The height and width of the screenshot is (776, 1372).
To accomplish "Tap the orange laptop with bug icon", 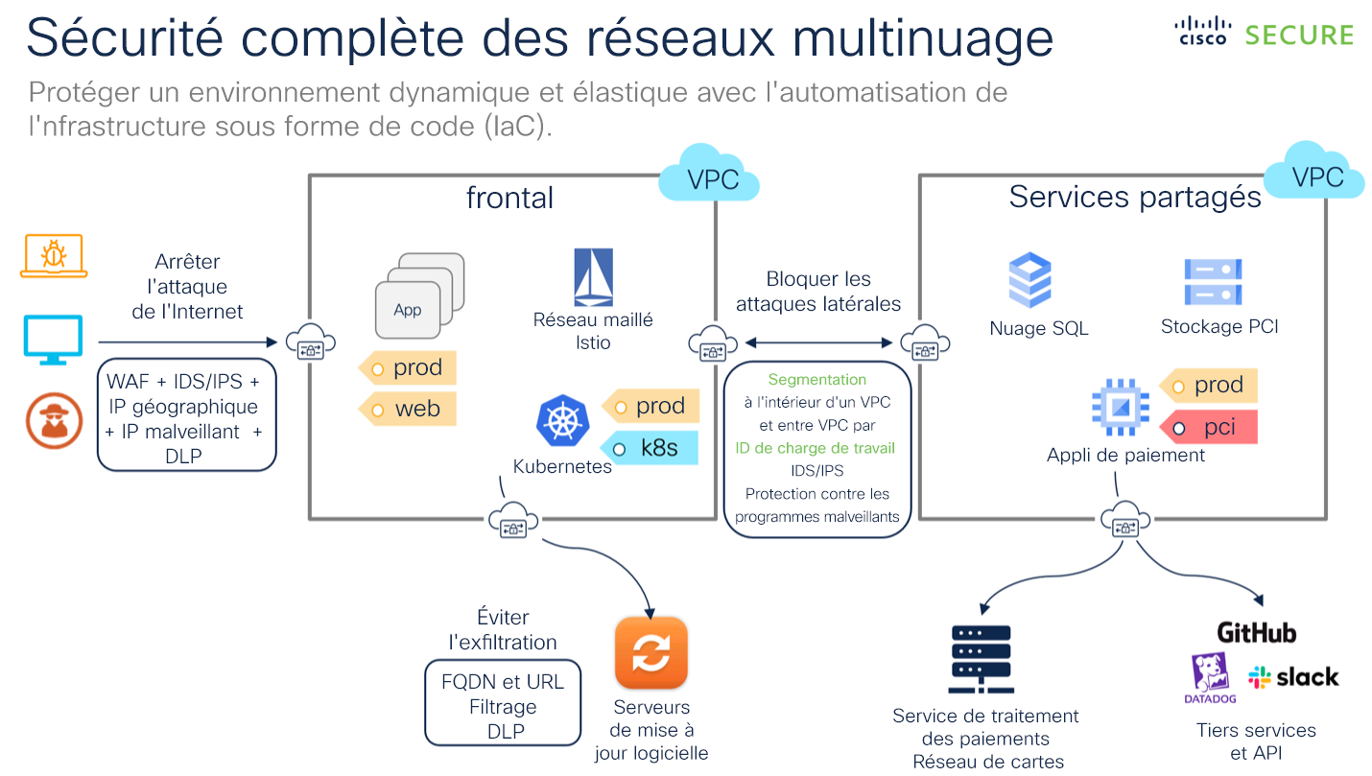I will coord(54,256).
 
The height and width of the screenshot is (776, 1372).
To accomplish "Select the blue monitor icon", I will coord(54,340).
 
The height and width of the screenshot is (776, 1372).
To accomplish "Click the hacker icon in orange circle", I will coord(54,420).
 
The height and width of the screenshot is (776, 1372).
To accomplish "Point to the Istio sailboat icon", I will coord(593,278).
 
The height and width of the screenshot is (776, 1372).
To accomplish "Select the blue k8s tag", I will coord(651,447).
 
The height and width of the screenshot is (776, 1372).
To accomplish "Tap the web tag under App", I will coord(408,409).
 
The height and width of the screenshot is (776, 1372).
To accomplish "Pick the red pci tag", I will coord(1209,427).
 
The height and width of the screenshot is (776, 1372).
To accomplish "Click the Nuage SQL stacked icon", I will coord(1030,280).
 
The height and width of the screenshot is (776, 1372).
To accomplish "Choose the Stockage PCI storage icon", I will coord(1213,282).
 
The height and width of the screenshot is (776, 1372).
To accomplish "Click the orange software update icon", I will coord(651,653).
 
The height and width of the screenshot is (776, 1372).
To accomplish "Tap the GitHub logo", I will coord(1256,633).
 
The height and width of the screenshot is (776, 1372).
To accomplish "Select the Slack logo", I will coord(1292,677).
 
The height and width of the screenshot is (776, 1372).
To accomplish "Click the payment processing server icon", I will coord(981,659).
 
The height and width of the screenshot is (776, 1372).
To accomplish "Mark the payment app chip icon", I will coord(1119,408).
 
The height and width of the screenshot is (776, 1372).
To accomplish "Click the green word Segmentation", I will coord(816,380).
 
